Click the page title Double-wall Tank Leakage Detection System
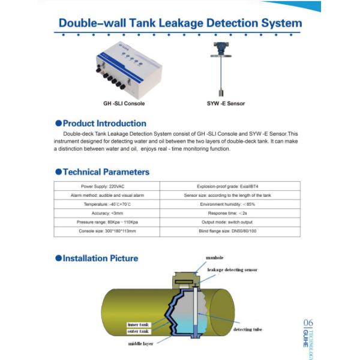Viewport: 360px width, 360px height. coord(180,23)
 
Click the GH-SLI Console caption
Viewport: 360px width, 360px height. coord(124,103)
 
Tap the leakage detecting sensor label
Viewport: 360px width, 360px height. coord(232,270)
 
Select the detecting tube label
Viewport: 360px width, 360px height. coord(247,330)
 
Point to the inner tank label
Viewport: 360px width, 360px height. coord(138,324)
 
